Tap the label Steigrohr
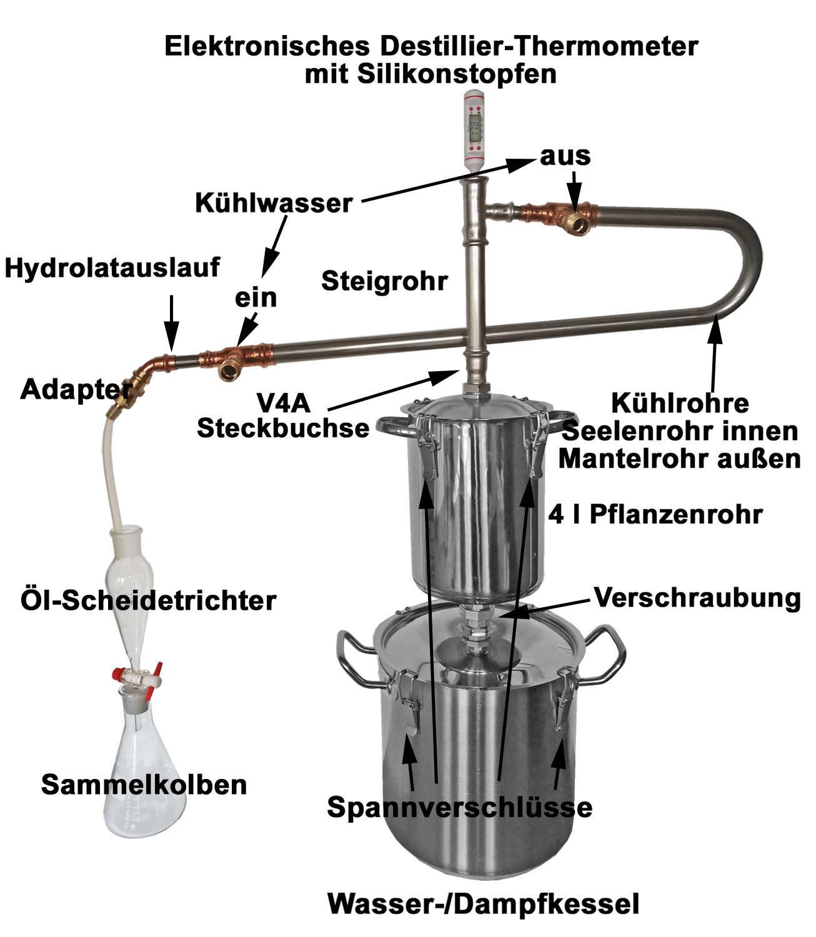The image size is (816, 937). [384, 281]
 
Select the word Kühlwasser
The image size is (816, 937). [274, 203]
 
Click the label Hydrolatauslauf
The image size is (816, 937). [112, 267]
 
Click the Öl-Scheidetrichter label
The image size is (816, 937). [149, 600]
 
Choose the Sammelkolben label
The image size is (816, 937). [144, 785]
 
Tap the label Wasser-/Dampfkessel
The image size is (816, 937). [484, 904]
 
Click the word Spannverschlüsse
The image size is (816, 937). [460, 806]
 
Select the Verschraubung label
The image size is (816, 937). [697, 598]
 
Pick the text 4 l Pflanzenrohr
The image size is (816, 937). [655, 514]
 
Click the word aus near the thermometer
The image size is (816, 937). [565, 156]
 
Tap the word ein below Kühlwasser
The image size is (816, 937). [256, 298]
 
